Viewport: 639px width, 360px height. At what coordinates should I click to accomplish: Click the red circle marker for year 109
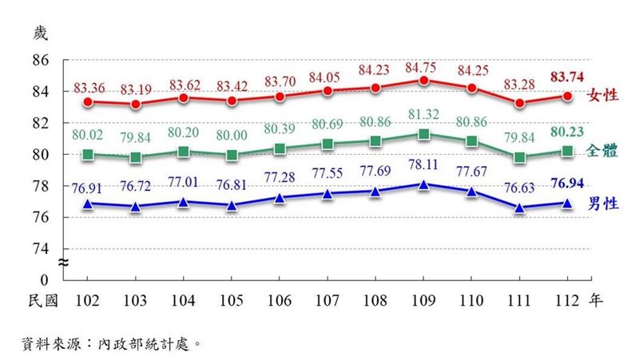pos(424,81)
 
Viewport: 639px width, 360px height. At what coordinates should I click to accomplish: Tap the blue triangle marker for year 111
pos(520,208)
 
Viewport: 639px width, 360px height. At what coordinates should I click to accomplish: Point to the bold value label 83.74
pos(567,77)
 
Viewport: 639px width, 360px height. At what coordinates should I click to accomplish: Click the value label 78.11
pos(423,170)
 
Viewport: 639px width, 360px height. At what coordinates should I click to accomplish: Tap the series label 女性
pos(604,96)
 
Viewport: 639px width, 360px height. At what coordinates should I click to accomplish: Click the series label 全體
pos(604,150)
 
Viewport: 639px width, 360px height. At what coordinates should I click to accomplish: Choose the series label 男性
pos(604,204)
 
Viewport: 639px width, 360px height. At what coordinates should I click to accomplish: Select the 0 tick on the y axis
pos(46,280)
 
